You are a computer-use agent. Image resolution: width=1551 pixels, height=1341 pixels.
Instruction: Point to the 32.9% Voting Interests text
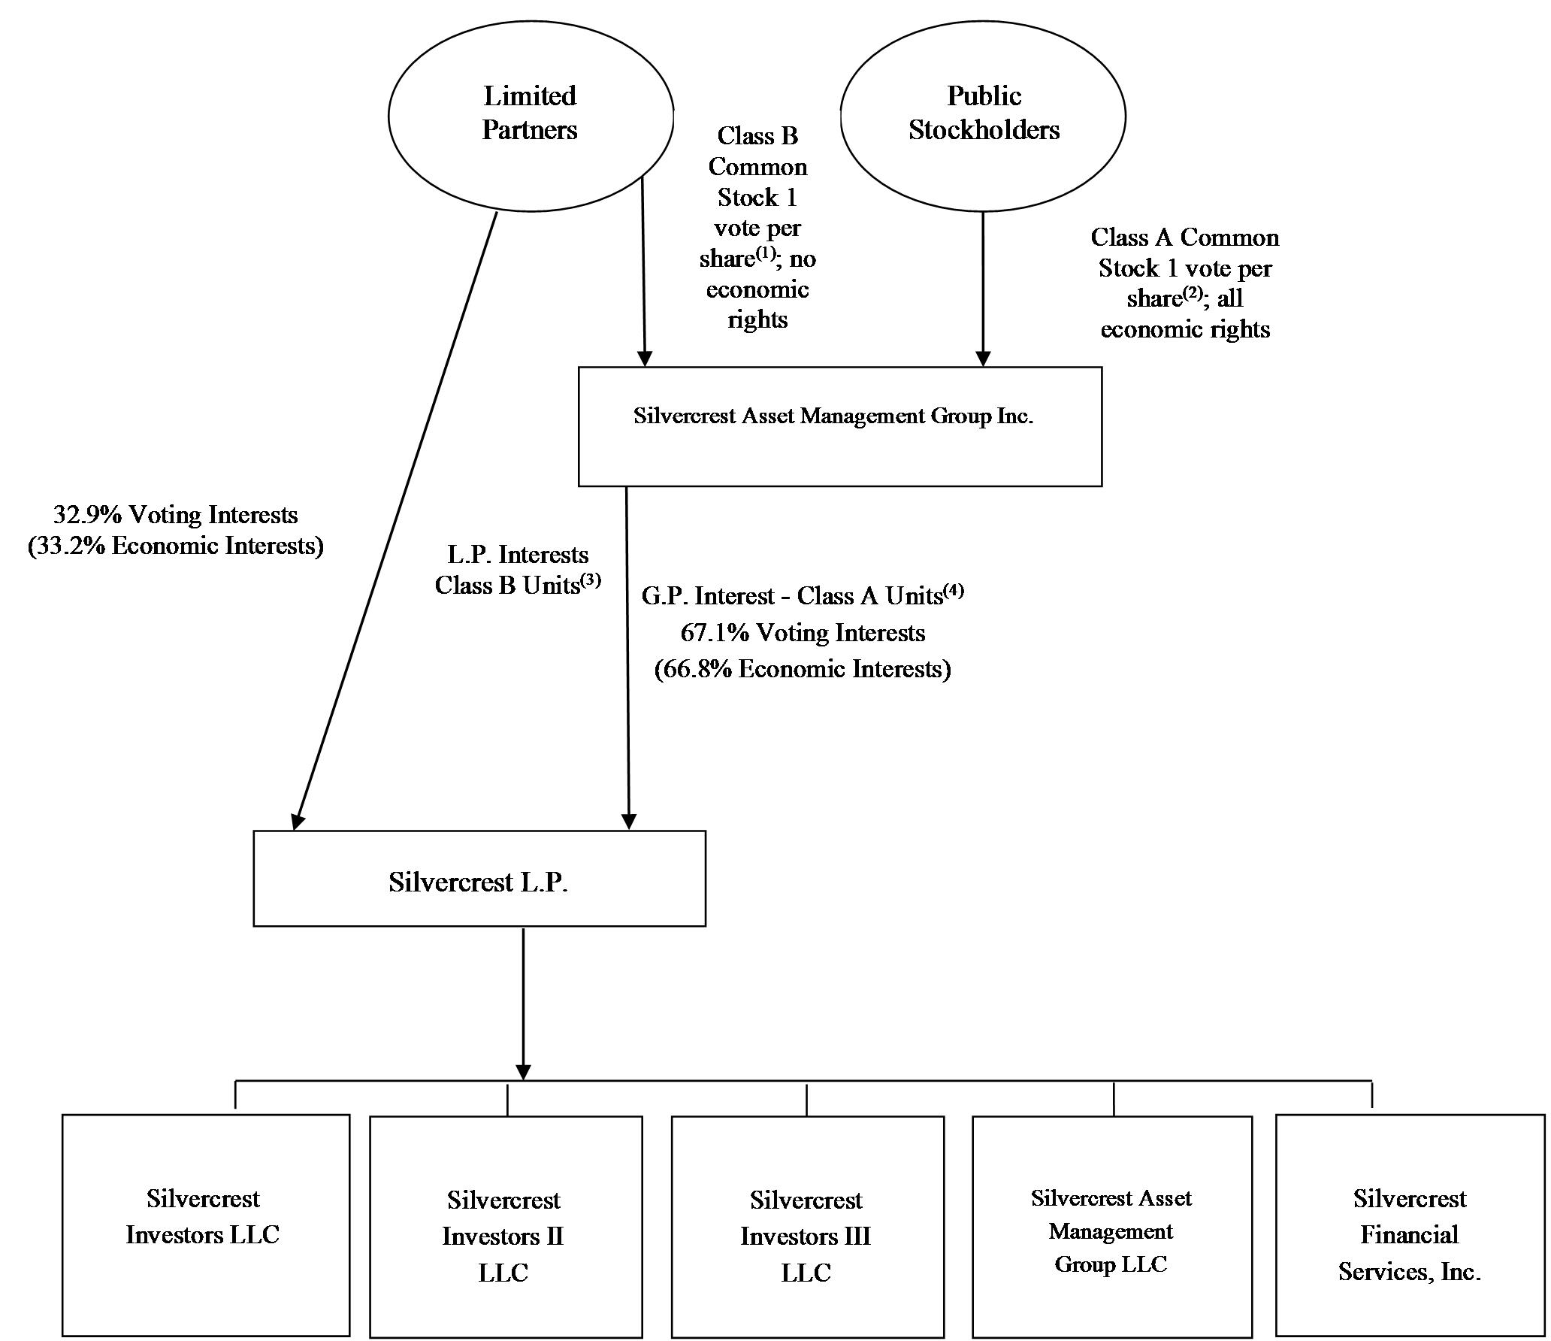176,515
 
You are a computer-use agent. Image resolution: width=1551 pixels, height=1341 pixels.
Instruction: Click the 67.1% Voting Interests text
803,633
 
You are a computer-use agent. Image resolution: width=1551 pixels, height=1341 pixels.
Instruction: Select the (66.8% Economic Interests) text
803,669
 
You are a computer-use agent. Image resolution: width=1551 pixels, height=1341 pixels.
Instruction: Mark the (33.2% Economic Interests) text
176,546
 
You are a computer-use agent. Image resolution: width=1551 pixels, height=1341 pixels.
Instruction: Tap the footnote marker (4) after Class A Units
954,591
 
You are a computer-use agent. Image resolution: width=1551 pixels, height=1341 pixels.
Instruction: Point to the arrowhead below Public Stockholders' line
983,359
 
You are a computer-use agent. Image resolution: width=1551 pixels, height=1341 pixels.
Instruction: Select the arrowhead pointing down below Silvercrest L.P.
523,1072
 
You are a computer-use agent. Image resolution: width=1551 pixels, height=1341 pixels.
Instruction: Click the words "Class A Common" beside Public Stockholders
1185,238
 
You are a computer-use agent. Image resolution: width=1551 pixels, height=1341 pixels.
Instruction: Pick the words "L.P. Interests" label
518,555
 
